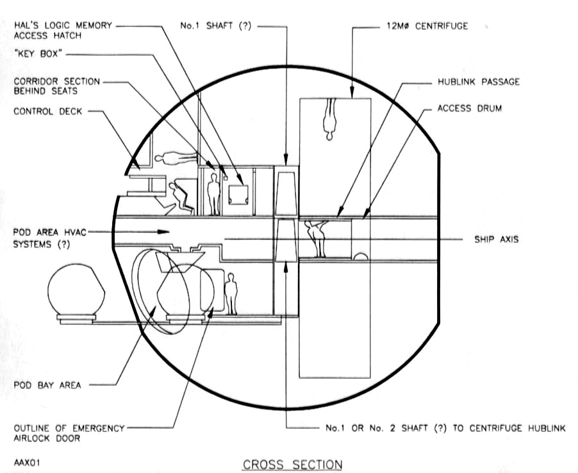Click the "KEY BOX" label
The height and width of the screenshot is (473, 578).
pos(36,54)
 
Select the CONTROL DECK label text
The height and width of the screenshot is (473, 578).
pos(47,112)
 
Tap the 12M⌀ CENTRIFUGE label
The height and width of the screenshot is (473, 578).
pos(427,26)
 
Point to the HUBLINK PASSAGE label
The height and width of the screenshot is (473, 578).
pos(479,81)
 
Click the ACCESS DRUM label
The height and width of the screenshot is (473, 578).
pos(469,108)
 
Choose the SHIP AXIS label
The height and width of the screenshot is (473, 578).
pos(496,239)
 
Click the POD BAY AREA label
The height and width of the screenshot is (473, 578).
pos(47,385)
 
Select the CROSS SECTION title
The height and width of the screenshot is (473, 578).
pos(292,465)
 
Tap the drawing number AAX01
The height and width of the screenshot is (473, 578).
pos(27,462)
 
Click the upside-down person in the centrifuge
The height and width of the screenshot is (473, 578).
pos(329,119)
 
